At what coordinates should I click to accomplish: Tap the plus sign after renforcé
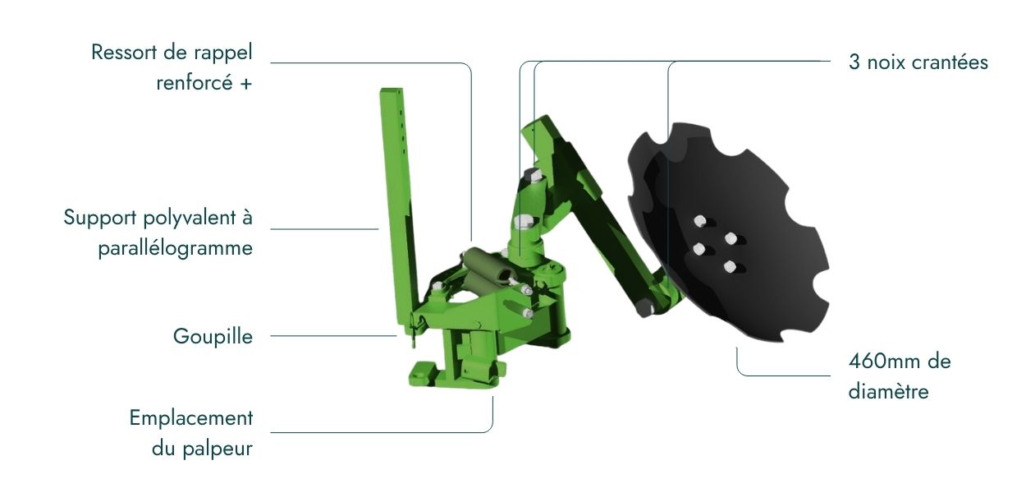tap(246, 84)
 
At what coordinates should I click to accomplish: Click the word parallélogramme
tap(176, 249)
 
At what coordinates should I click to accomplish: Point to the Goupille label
tap(213, 337)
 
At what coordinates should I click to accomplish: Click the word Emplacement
tap(191, 418)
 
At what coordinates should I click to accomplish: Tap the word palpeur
tap(218, 449)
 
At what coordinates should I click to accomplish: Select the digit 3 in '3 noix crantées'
tap(854, 62)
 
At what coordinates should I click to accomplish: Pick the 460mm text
tap(885, 362)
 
